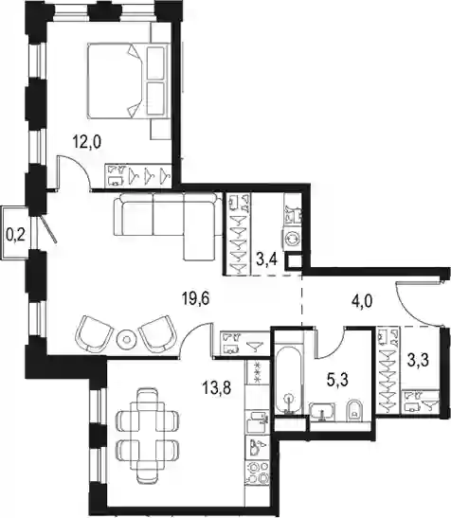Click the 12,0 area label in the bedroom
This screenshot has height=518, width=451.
coord(86,142)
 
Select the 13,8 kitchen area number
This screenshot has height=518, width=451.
coord(217,387)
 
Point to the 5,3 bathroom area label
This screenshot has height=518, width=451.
coord(337,381)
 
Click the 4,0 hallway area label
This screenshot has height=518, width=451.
coord(362,301)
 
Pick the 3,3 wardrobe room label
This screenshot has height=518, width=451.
coord(418,361)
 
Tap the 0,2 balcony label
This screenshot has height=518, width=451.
coord(16,236)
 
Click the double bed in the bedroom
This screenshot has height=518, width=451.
coord(127,80)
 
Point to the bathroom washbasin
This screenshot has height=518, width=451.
coord(322,412)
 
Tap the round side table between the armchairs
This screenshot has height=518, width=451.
coord(126,339)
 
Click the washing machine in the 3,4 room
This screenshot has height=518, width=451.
coord(292,239)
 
